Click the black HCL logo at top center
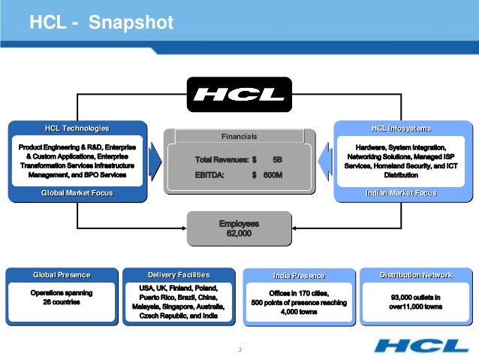(239, 95)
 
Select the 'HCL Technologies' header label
(77, 129)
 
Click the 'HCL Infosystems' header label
(401, 129)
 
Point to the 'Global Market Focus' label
(77, 193)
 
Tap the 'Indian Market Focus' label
(401, 193)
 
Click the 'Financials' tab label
(239, 137)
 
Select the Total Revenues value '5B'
(277, 161)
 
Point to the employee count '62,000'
(239, 234)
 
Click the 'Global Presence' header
(62, 274)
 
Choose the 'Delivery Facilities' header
(179, 274)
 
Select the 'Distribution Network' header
(416, 274)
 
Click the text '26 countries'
(62, 302)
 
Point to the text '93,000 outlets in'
(416, 297)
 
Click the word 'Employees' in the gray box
(239, 224)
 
